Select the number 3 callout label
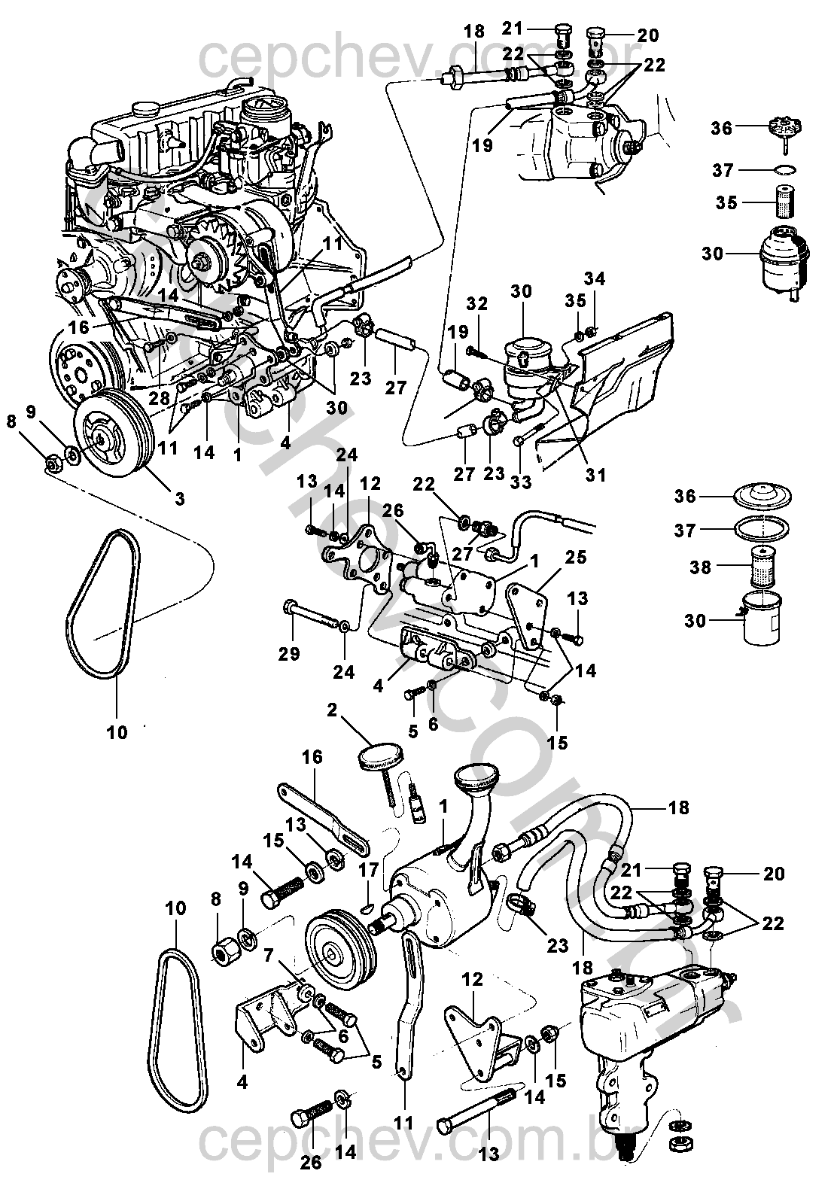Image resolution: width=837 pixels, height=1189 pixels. click(x=180, y=498)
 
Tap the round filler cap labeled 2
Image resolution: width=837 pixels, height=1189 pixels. click(x=381, y=756)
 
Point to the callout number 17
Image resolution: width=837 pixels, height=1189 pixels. click(x=369, y=869)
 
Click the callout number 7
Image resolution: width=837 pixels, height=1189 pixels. click(x=269, y=956)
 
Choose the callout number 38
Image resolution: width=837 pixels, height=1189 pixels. click(x=700, y=567)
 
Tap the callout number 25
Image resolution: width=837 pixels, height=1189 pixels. click(x=576, y=557)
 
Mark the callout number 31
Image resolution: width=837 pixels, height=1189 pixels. click(x=595, y=475)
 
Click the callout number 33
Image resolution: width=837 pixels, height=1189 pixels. click(x=521, y=482)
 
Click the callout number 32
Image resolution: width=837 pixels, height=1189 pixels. click(x=477, y=303)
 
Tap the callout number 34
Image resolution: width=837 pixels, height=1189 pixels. click(x=595, y=279)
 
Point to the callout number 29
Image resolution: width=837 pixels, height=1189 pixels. click(x=289, y=654)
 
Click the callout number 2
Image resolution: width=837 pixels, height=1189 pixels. click(x=332, y=710)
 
